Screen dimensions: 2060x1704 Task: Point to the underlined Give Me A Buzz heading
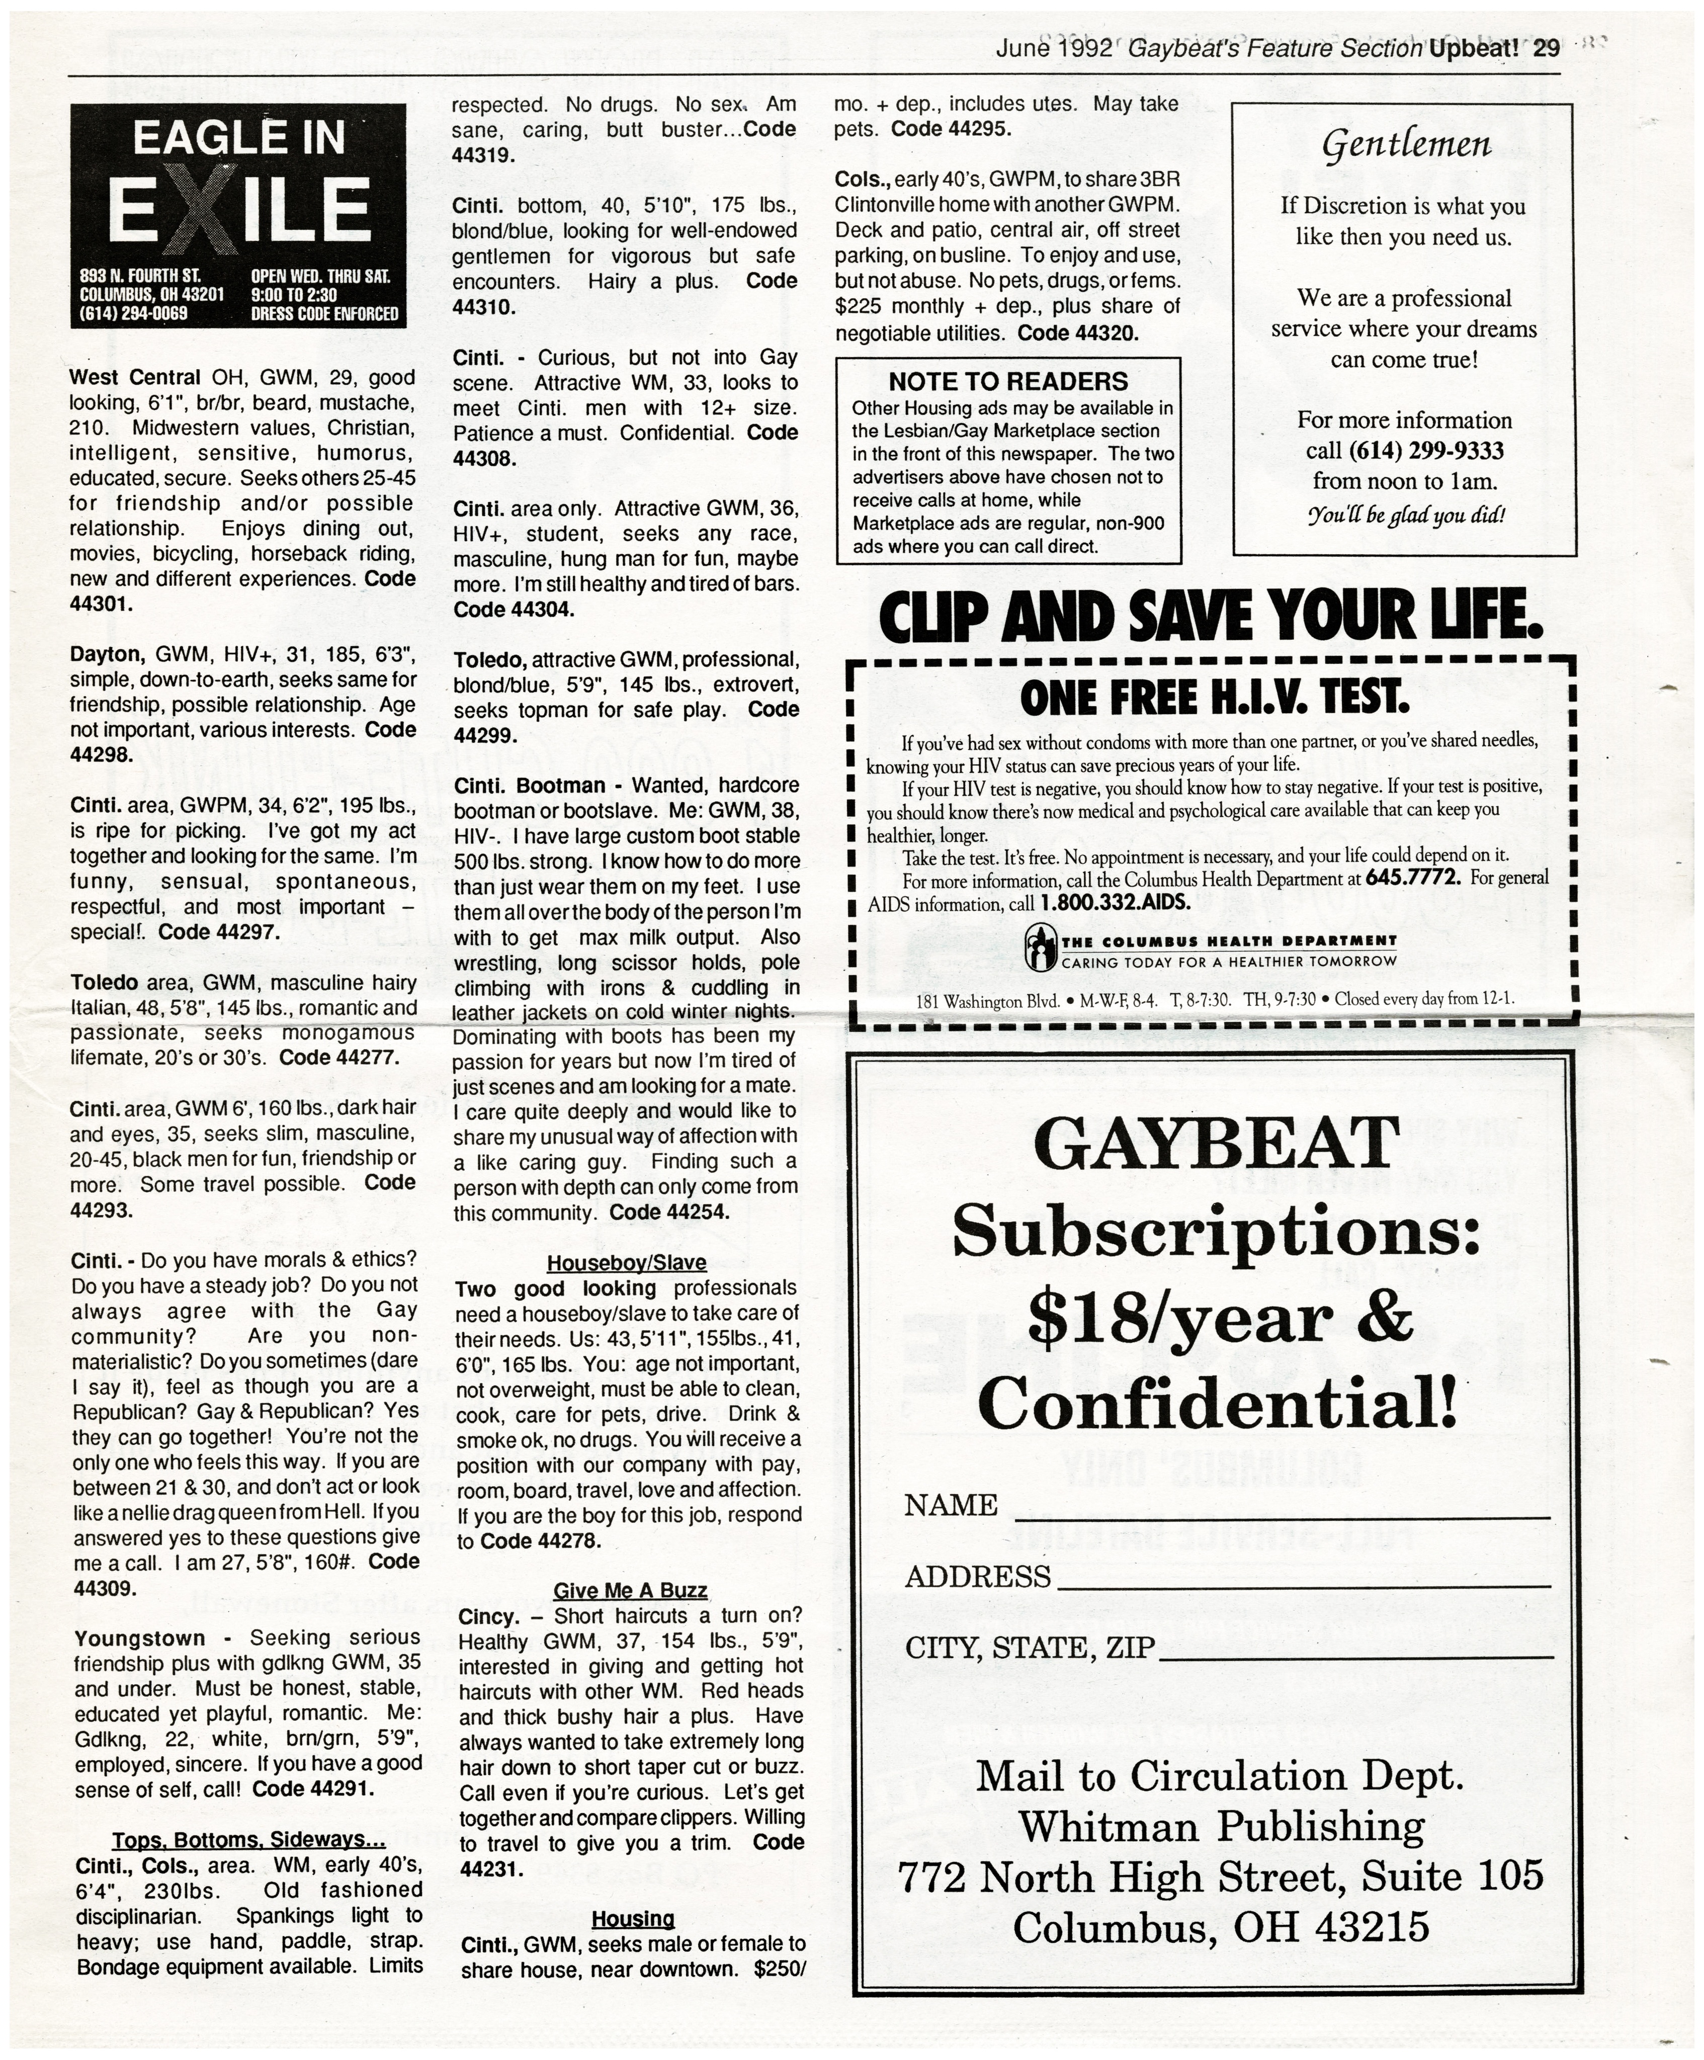click(x=630, y=1591)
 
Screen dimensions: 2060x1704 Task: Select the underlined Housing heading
click(x=633, y=1919)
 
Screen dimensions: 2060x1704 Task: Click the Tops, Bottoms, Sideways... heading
click(x=248, y=1840)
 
